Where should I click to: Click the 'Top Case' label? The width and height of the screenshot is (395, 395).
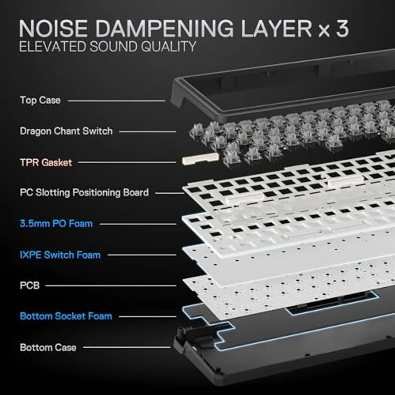tap(40, 100)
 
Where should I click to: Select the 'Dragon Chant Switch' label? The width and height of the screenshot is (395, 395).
tap(66, 131)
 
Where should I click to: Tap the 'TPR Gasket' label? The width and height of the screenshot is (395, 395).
tap(46, 162)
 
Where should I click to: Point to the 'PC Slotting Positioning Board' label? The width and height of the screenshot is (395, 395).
tap(84, 192)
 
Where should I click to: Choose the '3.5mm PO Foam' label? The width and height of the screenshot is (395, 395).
tap(56, 223)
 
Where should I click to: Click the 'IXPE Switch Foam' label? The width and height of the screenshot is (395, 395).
tap(60, 254)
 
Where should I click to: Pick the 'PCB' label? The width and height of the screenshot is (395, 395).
tap(30, 286)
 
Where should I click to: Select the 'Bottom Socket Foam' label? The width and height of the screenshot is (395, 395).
tap(66, 316)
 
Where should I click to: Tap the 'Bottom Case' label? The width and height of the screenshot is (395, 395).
tap(48, 347)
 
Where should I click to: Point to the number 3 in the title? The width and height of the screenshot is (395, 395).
tap(342, 28)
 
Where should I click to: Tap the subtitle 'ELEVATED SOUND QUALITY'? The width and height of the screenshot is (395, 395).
tap(107, 47)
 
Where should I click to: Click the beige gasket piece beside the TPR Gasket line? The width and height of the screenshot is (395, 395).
tap(200, 159)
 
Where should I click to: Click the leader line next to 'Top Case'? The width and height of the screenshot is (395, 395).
tap(116, 100)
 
